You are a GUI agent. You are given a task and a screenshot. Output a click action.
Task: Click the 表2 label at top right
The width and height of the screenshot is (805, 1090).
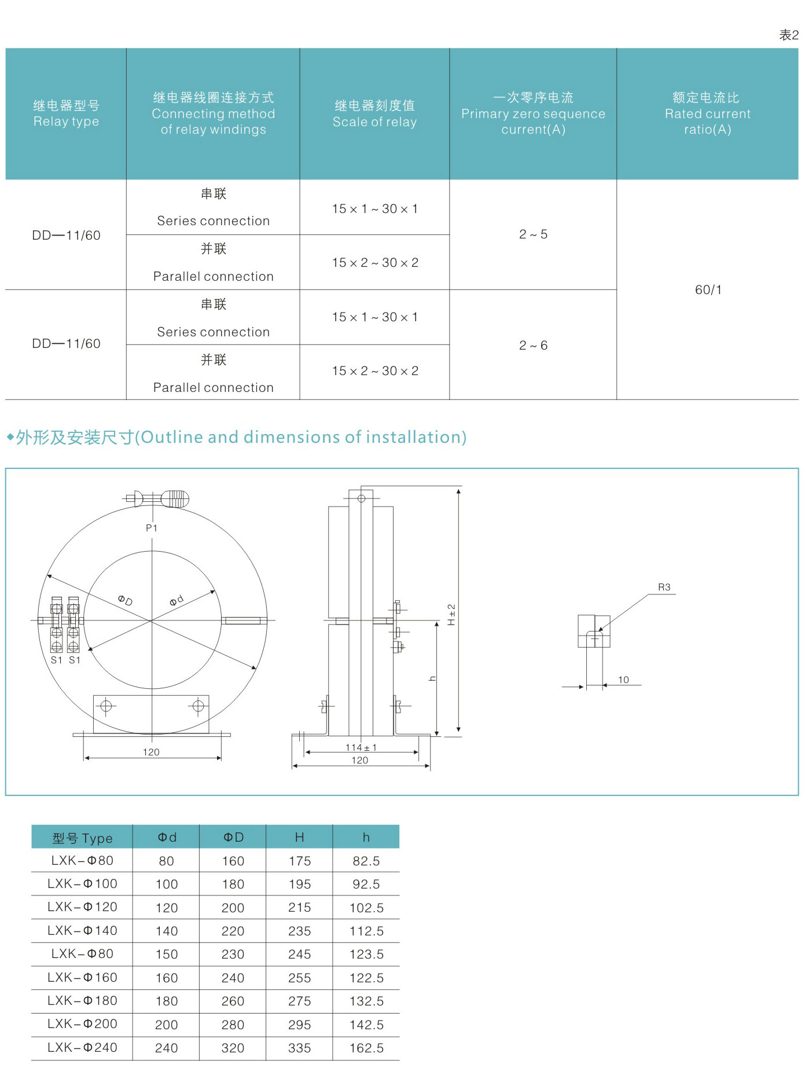pos(788,35)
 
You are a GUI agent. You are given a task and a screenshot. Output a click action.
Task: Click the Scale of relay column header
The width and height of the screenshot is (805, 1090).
pos(374,113)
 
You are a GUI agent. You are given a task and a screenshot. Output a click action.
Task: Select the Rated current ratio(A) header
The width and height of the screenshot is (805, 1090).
pos(707,113)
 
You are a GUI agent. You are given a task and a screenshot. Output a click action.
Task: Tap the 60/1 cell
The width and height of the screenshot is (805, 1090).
pos(708,289)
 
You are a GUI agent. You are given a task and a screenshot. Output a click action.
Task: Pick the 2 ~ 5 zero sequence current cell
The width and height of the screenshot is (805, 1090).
pos(533,234)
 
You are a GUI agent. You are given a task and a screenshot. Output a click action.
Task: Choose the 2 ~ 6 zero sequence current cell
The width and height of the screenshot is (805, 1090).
pos(533,346)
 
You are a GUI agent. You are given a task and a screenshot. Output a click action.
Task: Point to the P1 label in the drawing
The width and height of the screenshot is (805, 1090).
pos(152,528)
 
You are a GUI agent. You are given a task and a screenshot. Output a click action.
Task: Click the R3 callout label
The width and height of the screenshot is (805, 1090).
pos(664,587)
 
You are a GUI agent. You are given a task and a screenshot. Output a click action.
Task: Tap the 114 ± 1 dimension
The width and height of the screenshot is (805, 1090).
pos(361,747)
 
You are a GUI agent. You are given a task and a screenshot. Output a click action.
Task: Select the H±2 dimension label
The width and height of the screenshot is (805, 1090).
pos(452,614)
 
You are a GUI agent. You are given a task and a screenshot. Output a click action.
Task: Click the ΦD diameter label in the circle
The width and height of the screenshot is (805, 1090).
pos(125,600)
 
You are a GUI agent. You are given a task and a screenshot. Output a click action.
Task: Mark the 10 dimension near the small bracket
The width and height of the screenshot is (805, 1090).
pos(623,680)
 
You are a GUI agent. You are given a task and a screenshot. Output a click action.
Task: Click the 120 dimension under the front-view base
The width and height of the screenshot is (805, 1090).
pos(151,752)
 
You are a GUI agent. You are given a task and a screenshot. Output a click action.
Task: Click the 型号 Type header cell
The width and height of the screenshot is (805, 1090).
pos(82,838)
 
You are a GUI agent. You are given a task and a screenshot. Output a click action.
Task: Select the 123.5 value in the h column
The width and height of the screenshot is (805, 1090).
pos(366,954)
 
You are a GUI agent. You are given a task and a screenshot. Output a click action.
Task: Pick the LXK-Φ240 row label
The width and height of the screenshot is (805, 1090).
pos(82,1047)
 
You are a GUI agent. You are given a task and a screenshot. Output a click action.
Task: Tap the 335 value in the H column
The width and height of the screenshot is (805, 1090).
pos(299,1048)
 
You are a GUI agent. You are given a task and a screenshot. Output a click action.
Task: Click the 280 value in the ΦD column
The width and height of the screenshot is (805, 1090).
pos(233,1025)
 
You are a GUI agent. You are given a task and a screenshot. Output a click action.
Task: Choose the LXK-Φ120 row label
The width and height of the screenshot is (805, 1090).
pos(82,907)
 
